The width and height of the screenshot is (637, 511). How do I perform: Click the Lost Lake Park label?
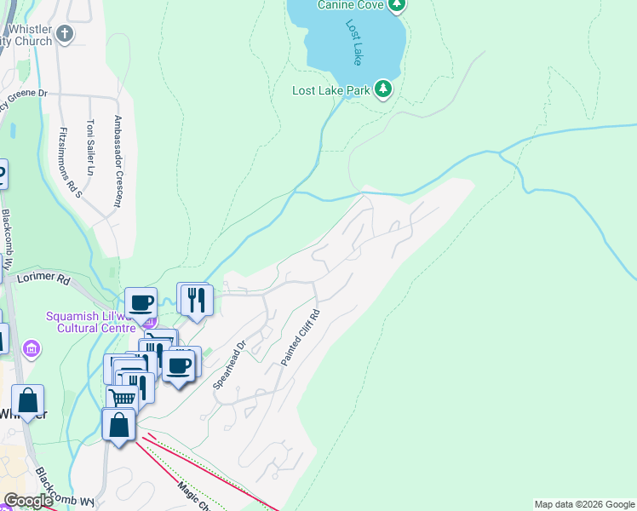[x=330, y=89]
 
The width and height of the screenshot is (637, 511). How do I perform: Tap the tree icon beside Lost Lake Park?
[x=383, y=89]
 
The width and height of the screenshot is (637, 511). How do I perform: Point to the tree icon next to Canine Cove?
[x=395, y=5]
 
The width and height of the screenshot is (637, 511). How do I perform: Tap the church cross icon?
[x=66, y=34]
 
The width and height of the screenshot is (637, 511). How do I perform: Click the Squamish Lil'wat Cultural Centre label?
[x=90, y=322]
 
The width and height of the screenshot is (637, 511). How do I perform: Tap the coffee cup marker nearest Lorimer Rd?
[x=141, y=301]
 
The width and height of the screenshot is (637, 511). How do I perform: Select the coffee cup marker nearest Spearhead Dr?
[x=178, y=365]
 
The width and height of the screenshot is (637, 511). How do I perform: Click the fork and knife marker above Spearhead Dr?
[x=196, y=299]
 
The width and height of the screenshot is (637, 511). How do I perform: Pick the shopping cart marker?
[x=123, y=397]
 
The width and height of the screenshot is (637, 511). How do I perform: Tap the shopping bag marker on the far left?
[x=27, y=400]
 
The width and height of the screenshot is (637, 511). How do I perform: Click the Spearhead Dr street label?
[x=229, y=365]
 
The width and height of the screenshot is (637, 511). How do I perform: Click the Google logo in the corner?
[x=28, y=501]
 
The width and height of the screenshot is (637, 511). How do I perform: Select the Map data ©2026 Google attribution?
[x=584, y=504]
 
